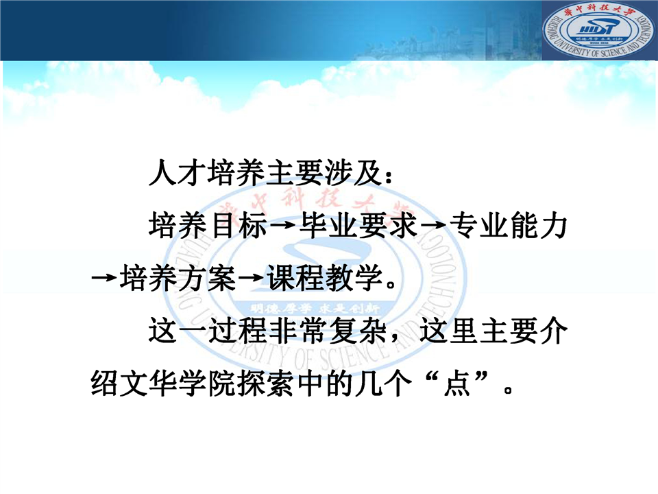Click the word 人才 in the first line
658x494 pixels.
(178, 173)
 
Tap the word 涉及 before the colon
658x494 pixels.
(354, 173)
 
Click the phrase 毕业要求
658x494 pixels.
(358, 226)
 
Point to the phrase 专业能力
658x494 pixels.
(509, 226)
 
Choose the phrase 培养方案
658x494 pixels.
(178, 278)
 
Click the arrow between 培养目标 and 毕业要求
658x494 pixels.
(283, 226)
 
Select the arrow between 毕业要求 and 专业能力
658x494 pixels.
(433, 226)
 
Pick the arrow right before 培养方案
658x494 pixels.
(104, 278)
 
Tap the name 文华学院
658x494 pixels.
(178, 383)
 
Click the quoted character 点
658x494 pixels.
(456, 383)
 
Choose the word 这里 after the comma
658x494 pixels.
(449, 331)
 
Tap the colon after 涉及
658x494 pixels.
(389, 177)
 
